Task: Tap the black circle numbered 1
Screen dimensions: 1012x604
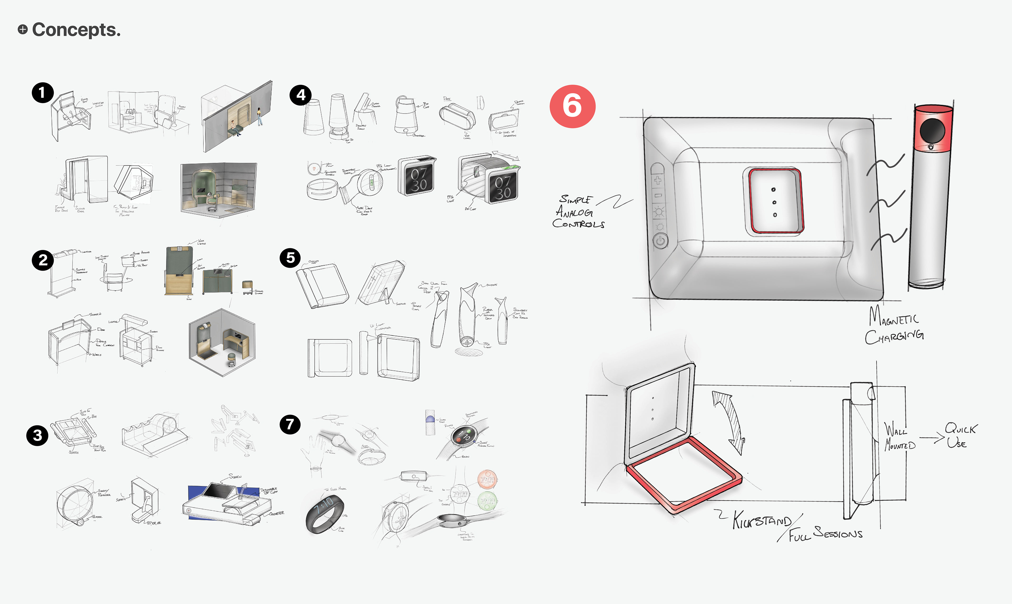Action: tap(43, 93)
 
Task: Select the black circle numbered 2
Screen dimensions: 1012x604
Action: tap(43, 260)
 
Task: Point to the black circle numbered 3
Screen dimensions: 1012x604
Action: tap(37, 436)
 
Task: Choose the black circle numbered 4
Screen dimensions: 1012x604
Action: tap(300, 95)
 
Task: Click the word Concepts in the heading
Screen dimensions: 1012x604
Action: tap(76, 30)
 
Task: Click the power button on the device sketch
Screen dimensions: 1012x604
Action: tap(660, 241)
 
